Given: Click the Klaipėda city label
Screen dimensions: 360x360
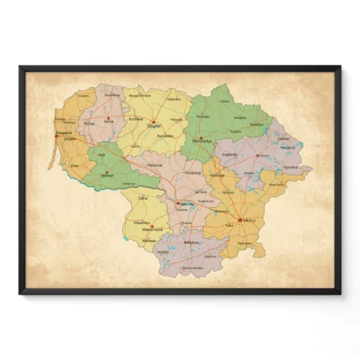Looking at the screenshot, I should coord(65,132).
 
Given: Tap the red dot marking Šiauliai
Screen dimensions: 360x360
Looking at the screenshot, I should coord(154,124).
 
